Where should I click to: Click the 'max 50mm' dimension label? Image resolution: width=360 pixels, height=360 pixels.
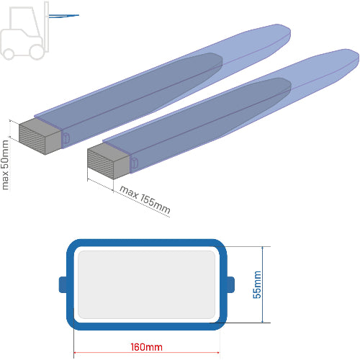(x=5, y=165)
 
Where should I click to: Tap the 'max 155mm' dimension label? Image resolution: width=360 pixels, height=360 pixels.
(x=145, y=199)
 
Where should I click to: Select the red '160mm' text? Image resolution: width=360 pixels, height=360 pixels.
(x=146, y=347)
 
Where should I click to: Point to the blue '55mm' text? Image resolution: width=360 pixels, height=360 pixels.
(x=257, y=284)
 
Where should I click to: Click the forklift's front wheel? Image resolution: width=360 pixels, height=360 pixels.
(x=37, y=52)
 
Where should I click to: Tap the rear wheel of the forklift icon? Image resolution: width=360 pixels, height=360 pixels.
(x=9, y=54)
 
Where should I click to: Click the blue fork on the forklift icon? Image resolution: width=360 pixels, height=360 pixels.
(x=64, y=16)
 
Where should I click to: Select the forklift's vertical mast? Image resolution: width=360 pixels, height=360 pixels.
(x=46, y=27)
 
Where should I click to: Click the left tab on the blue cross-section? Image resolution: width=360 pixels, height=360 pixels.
(x=63, y=284)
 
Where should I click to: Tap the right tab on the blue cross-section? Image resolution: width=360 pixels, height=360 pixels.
(x=230, y=284)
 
